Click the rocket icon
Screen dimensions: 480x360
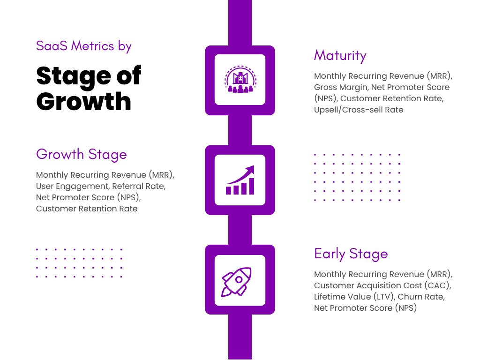pyautogui.click(x=236, y=282)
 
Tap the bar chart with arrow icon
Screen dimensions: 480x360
pyautogui.click(x=240, y=180)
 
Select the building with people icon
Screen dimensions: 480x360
pyautogui.click(x=240, y=79)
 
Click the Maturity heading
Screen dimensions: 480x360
pyautogui.click(x=340, y=56)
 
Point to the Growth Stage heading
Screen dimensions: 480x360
pyautogui.click(x=82, y=154)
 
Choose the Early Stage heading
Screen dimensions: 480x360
pyautogui.click(x=351, y=254)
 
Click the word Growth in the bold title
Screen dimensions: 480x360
pyautogui.click(x=84, y=101)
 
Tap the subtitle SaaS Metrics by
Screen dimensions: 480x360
pyautogui.click(x=84, y=46)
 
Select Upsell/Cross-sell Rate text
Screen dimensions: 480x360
pyautogui.click(x=359, y=110)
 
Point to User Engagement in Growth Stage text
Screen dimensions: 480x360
pyautogui.click(x=72, y=187)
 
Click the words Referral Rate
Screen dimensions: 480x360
pyautogui.click(x=138, y=186)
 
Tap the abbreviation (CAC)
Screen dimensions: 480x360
pyautogui.click(x=437, y=285)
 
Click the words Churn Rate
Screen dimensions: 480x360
pyautogui.click(x=420, y=297)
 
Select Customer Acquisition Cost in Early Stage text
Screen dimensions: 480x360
pyautogui.click(x=367, y=285)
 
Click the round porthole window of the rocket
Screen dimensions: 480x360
pyautogui.click(x=239, y=279)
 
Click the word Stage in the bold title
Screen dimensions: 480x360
pyautogui.click(x=74, y=76)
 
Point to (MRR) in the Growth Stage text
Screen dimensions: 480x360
pyautogui.click(x=161, y=175)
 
